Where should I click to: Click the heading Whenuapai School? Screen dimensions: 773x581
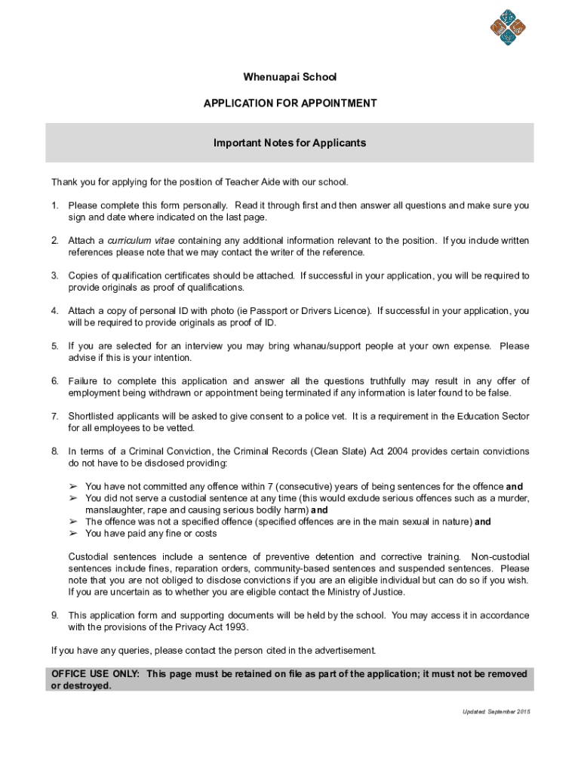coord(290,77)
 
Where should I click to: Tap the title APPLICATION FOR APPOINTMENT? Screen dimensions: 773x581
coord(290,103)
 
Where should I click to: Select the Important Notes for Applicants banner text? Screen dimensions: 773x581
coord(290,143)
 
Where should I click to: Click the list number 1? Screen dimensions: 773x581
coord(54,205)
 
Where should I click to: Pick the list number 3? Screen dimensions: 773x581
coord(54,276)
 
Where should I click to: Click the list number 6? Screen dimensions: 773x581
coord(54,381)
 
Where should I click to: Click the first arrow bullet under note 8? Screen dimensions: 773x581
coord(73,487)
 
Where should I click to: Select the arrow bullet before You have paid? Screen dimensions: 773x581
coord(73,534)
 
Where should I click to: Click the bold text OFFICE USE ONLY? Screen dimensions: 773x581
coord(95,674)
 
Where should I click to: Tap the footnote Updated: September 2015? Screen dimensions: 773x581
coord(496,712)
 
